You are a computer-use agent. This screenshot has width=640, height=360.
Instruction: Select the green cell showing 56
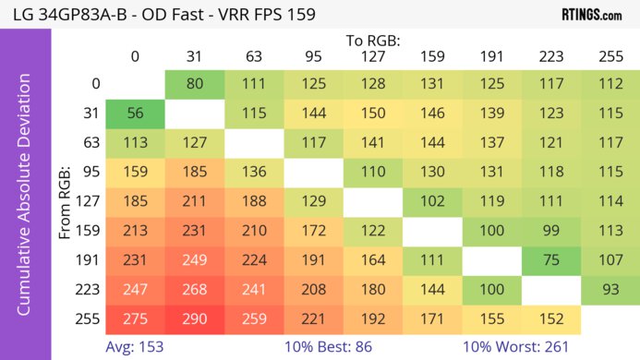coord(135,114)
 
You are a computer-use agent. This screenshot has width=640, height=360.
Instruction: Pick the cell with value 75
coord(551,261)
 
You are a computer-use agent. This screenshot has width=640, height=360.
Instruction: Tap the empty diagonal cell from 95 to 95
coord(313,173)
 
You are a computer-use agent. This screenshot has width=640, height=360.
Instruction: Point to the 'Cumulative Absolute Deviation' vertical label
coord(25,200)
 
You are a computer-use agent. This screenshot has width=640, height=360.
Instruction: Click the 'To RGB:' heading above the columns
coord(372,41)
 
